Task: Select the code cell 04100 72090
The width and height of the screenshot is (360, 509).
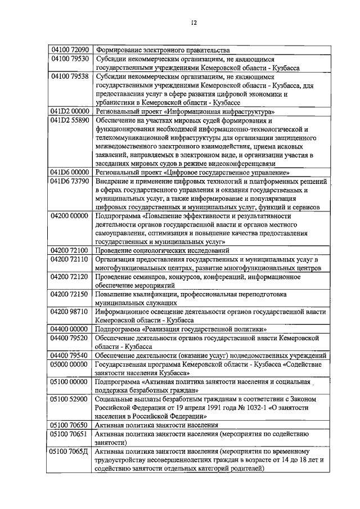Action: [70, 49]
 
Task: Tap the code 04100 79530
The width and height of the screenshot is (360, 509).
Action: [70, 58]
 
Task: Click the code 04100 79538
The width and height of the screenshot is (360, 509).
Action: [70, 76]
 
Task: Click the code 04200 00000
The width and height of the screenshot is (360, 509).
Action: [70, 216]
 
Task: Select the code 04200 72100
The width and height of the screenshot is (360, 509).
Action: [70, 250]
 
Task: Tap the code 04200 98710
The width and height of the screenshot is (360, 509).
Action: [70, 311]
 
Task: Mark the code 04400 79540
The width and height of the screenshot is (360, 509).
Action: [70, 355]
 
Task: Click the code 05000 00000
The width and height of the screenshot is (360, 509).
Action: [70, 364]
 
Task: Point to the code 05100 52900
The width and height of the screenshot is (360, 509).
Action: [70, 399]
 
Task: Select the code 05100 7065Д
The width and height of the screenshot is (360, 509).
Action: [70, 452]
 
